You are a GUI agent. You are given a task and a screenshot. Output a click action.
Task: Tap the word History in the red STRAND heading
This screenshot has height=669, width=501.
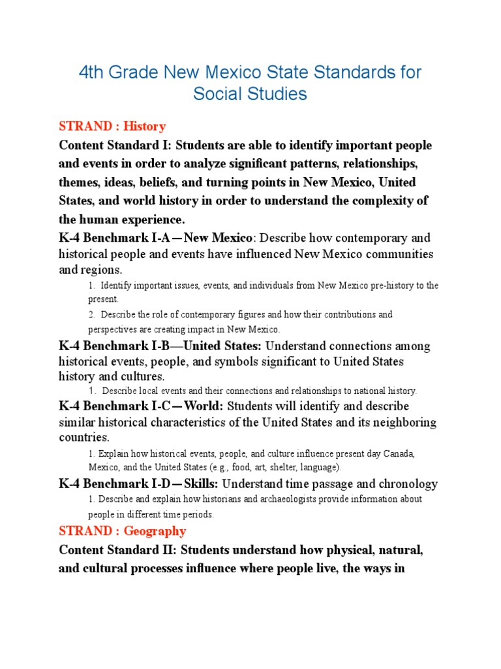tap(144, 126)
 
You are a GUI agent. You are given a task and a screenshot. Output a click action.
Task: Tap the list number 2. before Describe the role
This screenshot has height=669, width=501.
tap(91, 314)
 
